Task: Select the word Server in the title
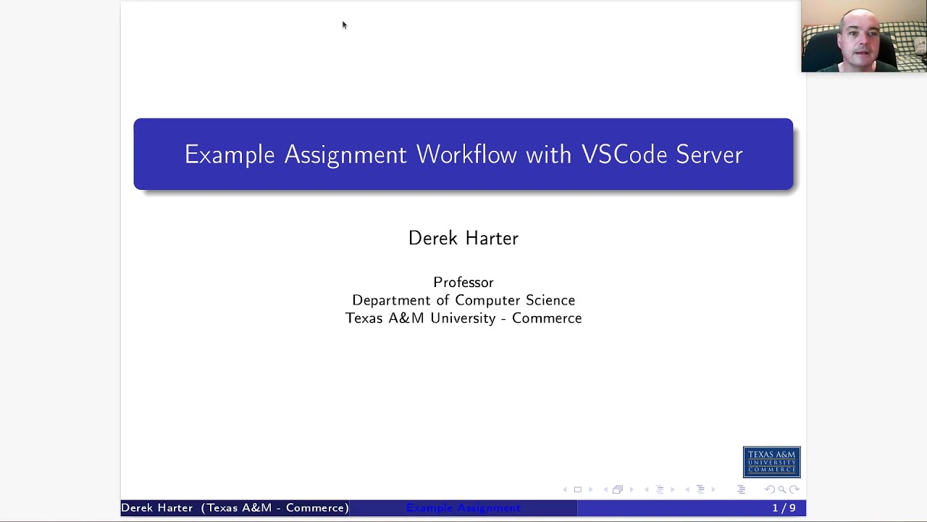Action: pos(709,154)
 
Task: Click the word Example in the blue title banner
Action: pos(230,154)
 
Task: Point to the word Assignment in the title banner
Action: pos(345,155)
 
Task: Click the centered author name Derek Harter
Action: pos(463,238)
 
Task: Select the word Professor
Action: pos(463,282)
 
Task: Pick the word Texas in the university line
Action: pos(364,318)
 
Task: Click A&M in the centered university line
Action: pos(406,318)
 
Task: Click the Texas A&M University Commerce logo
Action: pos(771,462)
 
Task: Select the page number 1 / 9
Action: pos(784,508)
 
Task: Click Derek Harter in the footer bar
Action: pos(156,508)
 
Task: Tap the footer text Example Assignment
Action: pos(463,508)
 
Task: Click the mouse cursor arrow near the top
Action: pos(344,25)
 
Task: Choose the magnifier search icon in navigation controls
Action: pos(782,489)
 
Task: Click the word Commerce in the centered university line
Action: pos(547,318)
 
